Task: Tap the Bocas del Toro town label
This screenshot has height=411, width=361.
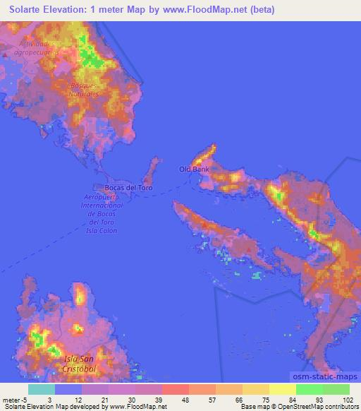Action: [128, 188]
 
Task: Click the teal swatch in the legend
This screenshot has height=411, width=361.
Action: [42, 389]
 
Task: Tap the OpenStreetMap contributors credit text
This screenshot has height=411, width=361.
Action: [319, 407]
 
